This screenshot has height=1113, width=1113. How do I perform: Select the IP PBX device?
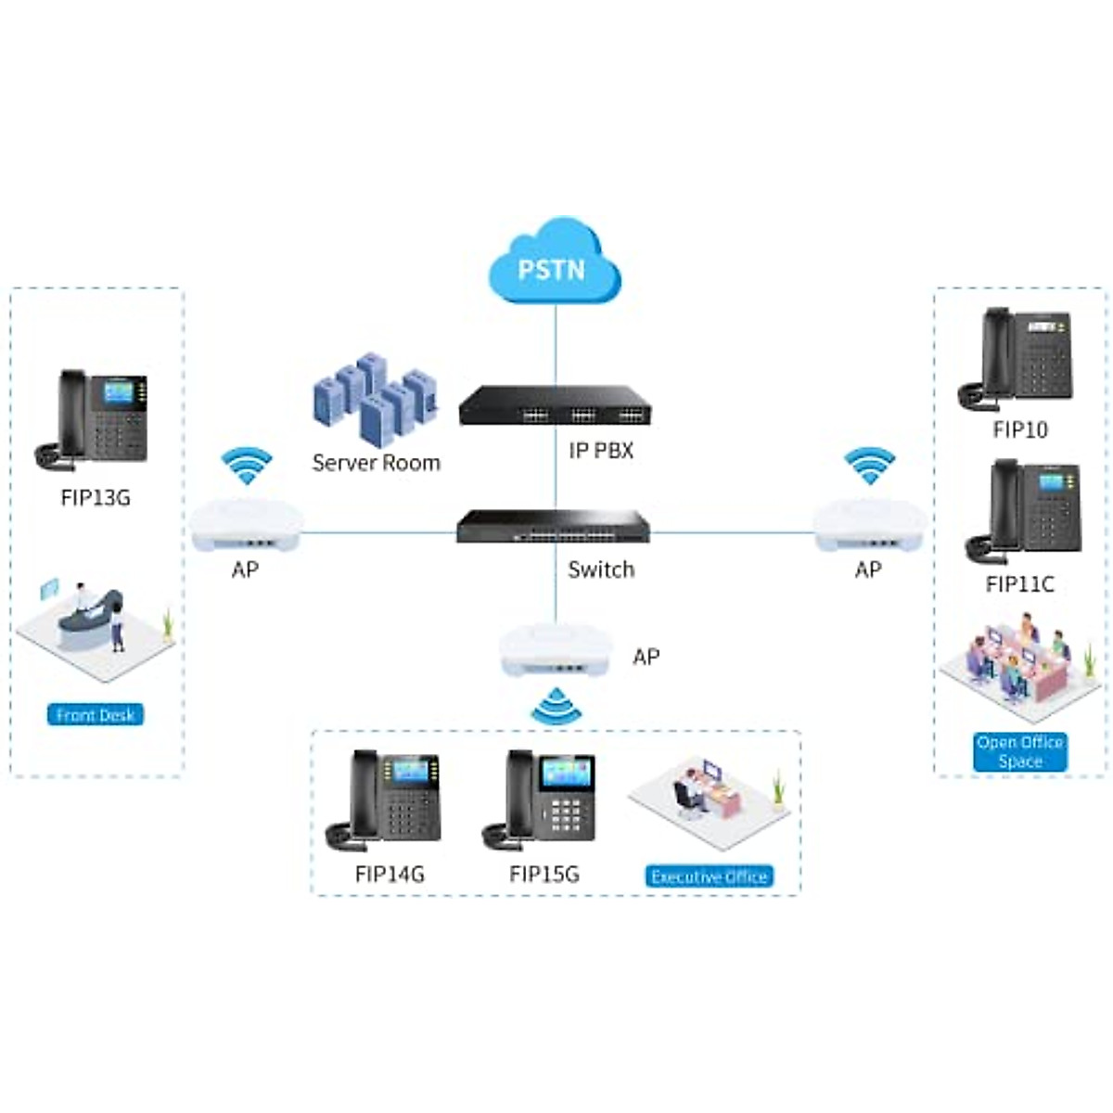click(555, 405)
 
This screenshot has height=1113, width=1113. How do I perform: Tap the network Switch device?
click(554, 526)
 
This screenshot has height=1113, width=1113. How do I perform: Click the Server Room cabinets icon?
click(375, 397)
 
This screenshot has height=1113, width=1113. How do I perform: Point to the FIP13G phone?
click(93, 417)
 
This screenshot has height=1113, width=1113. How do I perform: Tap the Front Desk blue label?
click(95, 714)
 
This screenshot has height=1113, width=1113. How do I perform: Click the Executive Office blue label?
click(709, 876)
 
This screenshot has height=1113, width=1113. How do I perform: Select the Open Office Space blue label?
click(1020, 751)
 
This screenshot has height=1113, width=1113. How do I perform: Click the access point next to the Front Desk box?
click(246, 526)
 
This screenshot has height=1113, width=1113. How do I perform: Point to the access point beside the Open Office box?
click(869, 526)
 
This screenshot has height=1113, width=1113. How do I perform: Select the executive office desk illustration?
click(710, 799)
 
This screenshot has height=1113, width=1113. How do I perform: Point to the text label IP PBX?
click(601, 451)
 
